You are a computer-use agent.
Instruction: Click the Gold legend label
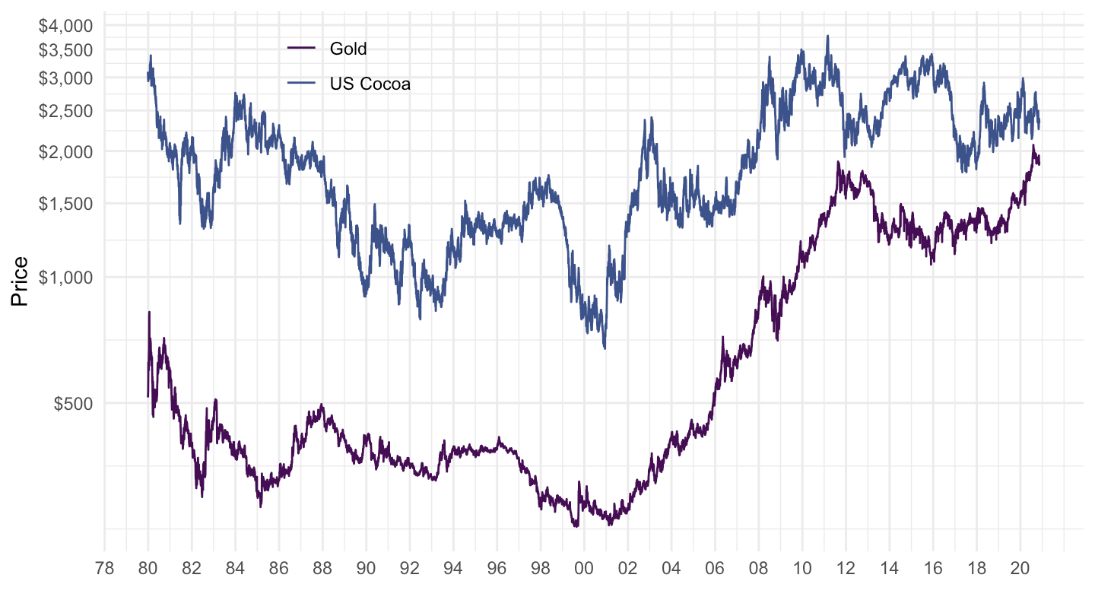(348, 49)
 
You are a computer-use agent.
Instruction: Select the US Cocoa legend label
(370, 84)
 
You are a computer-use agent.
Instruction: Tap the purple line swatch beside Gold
(301, 49)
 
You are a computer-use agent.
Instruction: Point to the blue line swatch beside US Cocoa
(301, 84)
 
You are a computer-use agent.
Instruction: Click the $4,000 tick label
(65, 26)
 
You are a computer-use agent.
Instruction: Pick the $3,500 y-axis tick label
(65, 50)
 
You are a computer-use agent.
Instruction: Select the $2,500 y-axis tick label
(65, 111)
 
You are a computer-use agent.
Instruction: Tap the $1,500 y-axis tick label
(65, 204)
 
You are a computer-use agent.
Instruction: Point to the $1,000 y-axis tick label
(65, 278)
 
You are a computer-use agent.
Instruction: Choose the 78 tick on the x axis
(105, 567)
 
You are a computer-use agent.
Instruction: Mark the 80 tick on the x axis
(148, 567)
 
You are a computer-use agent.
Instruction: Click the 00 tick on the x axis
(584, 567)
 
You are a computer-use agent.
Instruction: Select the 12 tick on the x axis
(846, 567)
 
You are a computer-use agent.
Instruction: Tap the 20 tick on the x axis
(1020, 567)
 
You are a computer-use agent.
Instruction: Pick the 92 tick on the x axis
(410, 567)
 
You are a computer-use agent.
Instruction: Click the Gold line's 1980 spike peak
(149, 312)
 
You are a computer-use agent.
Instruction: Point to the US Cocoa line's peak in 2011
(827, 36)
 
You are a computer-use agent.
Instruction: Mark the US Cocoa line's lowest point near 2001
(605, 348)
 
